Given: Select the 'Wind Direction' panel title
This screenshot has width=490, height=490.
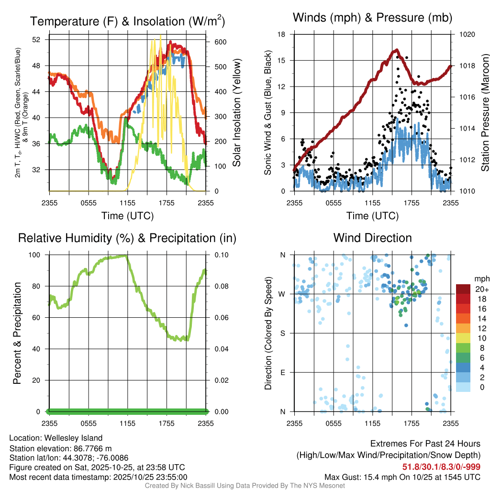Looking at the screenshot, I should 372,238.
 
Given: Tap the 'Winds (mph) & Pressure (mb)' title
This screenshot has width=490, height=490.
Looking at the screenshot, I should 372,18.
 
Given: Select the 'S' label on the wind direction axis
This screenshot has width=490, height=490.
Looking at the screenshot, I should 283,333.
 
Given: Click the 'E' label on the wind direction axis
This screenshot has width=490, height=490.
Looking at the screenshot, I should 283,372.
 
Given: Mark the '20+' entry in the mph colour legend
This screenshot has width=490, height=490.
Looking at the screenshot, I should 481,289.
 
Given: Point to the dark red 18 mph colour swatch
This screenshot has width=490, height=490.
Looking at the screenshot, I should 463,299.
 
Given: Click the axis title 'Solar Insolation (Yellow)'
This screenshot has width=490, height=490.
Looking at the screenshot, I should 237,113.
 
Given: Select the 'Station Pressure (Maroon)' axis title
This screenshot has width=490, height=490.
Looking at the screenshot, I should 485,113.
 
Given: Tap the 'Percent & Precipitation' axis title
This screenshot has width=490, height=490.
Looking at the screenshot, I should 17,333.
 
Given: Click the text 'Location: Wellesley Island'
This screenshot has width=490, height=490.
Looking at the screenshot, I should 56,438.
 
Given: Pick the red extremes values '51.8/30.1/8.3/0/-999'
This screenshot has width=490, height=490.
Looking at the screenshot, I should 441,467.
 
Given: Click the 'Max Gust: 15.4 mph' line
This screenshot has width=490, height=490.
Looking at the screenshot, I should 402,477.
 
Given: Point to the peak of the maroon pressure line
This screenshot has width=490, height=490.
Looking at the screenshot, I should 396,50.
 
